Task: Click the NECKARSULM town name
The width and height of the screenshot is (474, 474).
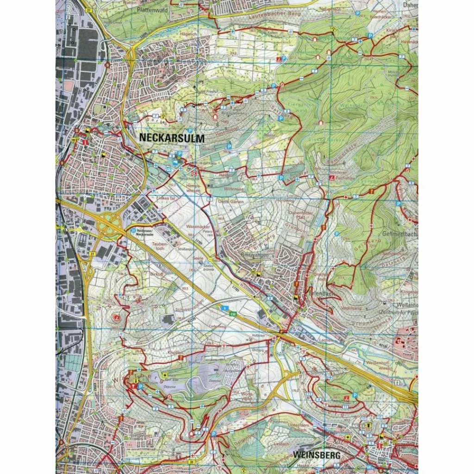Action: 171,138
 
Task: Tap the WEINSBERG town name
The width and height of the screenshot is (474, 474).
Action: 317,455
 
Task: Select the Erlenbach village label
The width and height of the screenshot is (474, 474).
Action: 319,293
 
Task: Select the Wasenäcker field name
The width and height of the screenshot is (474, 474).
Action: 195,227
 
